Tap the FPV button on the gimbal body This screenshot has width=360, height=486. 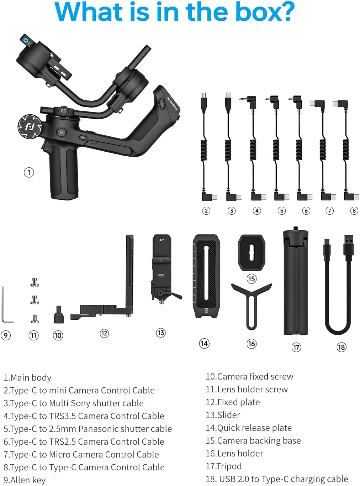pyautogui.click(x=83, y=137)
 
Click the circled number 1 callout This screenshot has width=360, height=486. pyautogui.click(x=29, y=172)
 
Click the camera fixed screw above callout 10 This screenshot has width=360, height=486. pyautogui.click(x=58, y=315)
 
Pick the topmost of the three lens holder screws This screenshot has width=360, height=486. pyautogui.click(x=35, y=282)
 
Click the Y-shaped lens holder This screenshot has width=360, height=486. pyautogui.click(x=252, y=302)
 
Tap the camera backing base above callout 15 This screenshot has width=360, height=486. pyautogui.click(x=252, y=253)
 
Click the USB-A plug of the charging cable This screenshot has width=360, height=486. pyautogui.click(x=348, y=245)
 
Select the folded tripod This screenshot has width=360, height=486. pyautogui.click(x=296, y=281)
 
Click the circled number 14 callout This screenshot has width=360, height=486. pyautogui.click(x=204, y=343)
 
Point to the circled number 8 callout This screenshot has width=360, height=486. pyautogui.click(x=354, y=210)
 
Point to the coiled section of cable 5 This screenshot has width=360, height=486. pyautogui.click(x=276, y=150)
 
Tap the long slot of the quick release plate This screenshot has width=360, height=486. pyautogui.click(x=206, y=273)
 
